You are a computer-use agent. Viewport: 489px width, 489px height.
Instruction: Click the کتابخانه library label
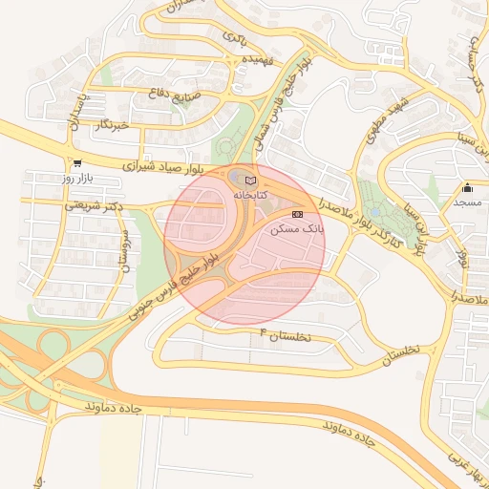[x=251, y=194]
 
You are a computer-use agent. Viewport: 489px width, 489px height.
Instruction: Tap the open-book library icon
[x=251, y=180]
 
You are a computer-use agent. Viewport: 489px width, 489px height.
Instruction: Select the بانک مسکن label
[x=298, y=229]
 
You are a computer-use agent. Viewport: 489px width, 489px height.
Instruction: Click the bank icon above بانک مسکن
[x=298, y=215]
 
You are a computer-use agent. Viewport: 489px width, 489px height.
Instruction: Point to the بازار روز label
[x=75, y=179]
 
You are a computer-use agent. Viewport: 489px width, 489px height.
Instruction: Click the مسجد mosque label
[x=467, y=202]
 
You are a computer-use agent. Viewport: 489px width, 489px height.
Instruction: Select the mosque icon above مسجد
[x=467, y=188]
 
